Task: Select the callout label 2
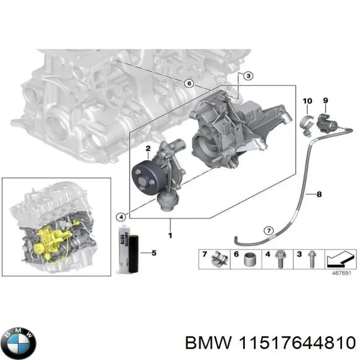click(x=148, y=148)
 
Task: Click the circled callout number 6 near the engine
click(x=188, y=83)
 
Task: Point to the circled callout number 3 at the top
click(x=248, y=75)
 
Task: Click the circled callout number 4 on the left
click(x=122, y=217)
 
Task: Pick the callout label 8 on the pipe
click(x=319, y=194)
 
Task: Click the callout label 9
click(x=326, y=100)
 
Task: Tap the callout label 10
click(x=307, y=100)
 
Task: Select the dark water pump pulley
click(x=145, y=175)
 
